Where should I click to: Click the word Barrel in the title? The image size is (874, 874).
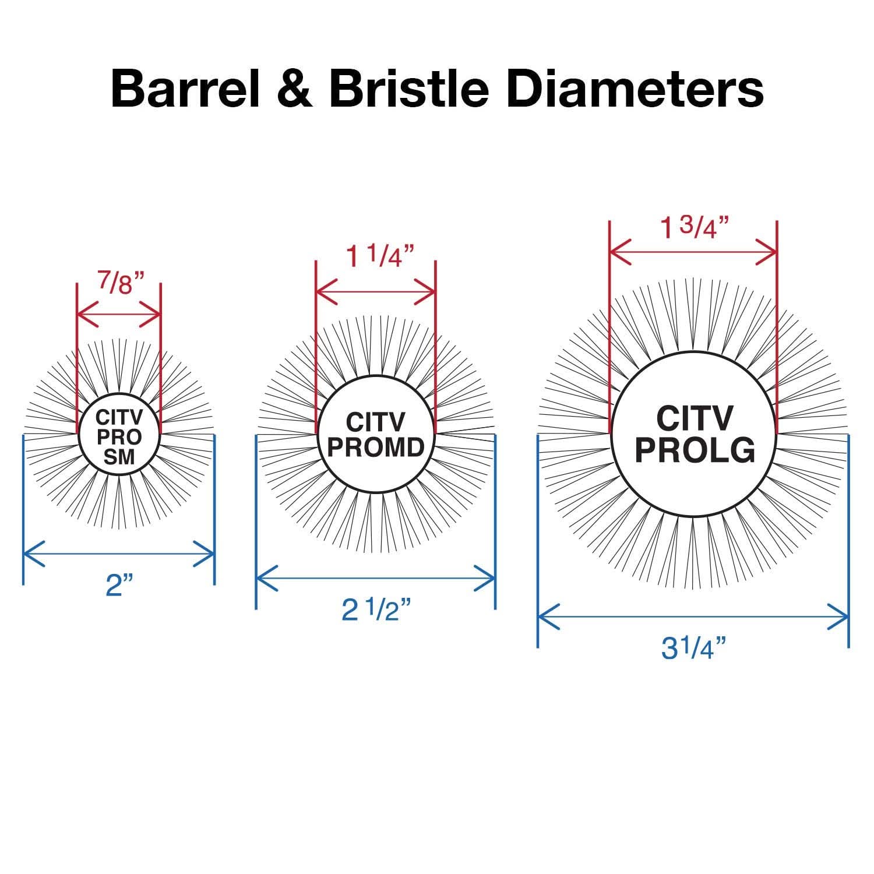[x=185, y=89]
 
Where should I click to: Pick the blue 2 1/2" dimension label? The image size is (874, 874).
[x=376, y=610]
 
